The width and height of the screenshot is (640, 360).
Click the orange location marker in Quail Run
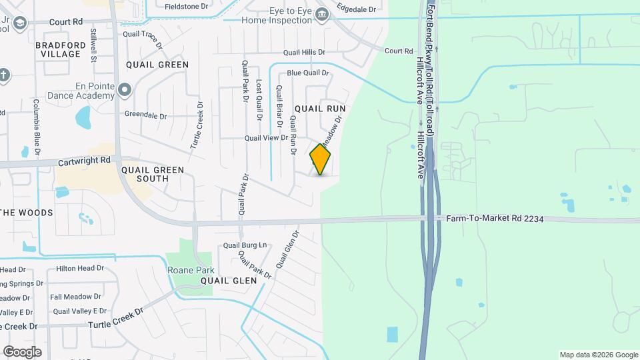pos(321,159)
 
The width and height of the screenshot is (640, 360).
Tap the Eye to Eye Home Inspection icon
pos(322,15)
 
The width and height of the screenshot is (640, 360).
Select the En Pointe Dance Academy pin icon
pos(124,89)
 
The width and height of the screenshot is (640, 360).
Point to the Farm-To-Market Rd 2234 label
pos(490,217)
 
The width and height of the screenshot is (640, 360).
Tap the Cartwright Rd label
pos(84,160)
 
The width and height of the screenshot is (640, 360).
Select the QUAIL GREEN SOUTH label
pos(152,174)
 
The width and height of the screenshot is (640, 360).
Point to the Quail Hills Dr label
pos(303,52)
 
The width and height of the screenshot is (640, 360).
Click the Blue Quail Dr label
pos(308,73)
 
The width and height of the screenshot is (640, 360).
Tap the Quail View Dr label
pos(266,138)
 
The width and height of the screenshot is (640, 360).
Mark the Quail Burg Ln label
pos(245,245)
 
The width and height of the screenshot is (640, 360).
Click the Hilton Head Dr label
pos(80,268)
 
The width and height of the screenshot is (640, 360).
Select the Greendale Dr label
pos(145,115)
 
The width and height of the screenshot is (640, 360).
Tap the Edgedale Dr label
pos(356,9)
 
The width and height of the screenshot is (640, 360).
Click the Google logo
pos(22,351)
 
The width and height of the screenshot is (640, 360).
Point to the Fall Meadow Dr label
pos(75,297)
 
